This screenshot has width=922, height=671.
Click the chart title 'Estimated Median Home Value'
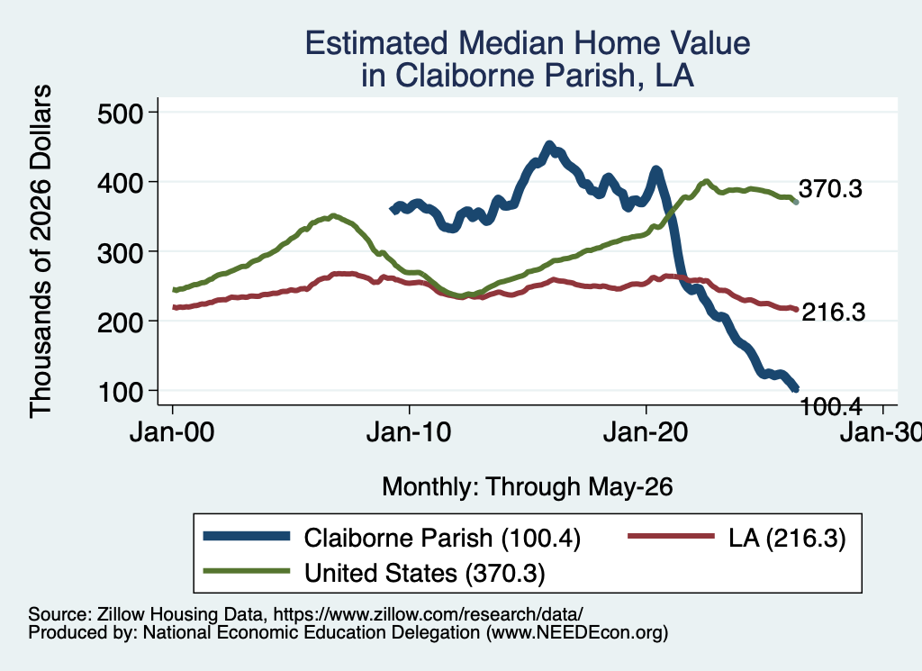click(x=528, y=43)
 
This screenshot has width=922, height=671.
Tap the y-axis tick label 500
click(x=120, y=113)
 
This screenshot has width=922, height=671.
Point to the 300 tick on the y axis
click(x=120, y=252)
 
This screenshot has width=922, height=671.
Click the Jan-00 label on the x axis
click(x=172, y=433)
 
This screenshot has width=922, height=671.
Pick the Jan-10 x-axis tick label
click(x=409, y=433)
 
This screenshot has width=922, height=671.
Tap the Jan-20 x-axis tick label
click(x=646, y=433)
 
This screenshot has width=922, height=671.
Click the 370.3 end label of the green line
click(x=830, y=189)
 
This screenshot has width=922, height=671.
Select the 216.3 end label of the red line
click(x=833, y=312)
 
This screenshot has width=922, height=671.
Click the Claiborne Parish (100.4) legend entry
click(x=442, y=538)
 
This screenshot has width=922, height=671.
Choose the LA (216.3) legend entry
click(x=787, y=538)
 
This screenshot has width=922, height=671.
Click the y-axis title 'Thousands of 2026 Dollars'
click(x=41, y=251)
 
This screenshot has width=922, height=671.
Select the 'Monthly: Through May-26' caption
click(x=528, y=487)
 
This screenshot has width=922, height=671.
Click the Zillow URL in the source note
click(x=428, y=614)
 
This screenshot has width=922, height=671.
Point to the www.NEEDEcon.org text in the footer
click(x=577, y=633)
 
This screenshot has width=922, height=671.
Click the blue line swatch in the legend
click(x=247, y=536)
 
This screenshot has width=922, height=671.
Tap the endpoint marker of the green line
click(x=796, y=202)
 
